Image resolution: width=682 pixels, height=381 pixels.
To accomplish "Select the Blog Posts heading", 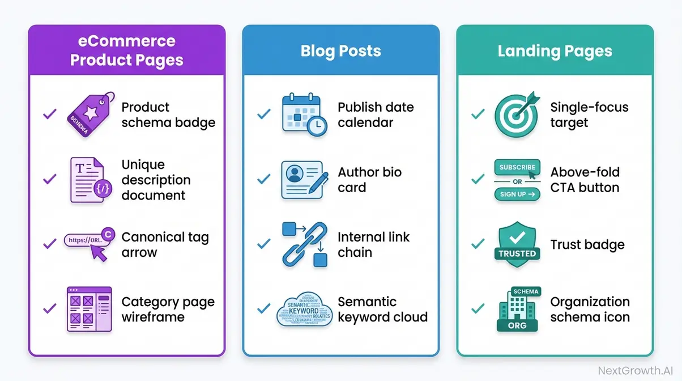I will pos(340,51).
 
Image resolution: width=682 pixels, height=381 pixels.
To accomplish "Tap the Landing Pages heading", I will pos(555,51).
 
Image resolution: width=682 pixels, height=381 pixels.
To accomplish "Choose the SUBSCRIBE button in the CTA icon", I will pos(516,167).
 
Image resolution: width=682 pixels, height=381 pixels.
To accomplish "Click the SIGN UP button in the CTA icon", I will pos(516,194).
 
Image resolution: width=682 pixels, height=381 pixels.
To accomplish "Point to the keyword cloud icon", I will pos(304,310).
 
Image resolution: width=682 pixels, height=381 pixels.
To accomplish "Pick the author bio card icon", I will pos(301,180).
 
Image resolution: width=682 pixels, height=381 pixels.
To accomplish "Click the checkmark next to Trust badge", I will pos(478,244).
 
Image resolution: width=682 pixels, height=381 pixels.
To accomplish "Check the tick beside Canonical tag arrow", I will pos(50,244).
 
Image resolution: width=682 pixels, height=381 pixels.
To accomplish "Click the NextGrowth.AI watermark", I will pos(637,371).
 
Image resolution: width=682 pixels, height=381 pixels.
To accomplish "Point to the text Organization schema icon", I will pos(590,310).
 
